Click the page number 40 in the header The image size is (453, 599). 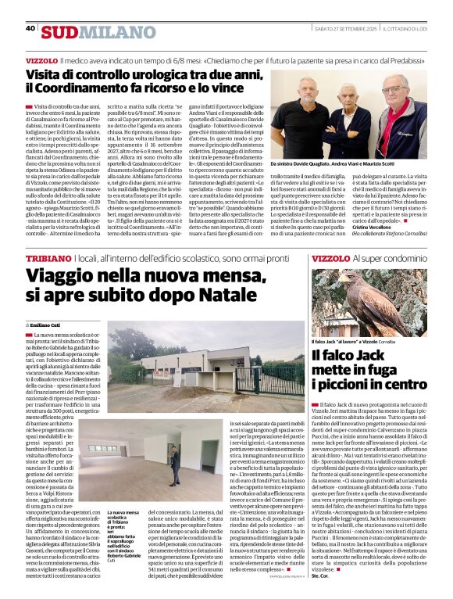30,28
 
